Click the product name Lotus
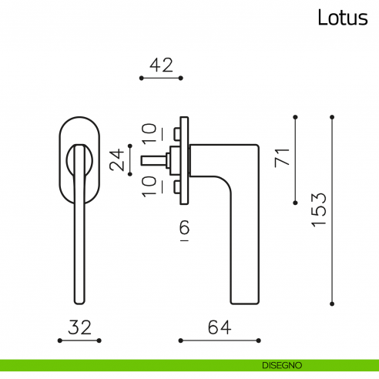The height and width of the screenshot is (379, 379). tap(343, 18)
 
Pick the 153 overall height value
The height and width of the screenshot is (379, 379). tap(319, 210)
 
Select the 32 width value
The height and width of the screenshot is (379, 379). tap(80, 327)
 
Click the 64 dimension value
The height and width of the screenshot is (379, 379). tap(219, 327)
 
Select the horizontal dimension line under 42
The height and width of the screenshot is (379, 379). tap(160, 79)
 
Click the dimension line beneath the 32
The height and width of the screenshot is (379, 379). tap(80, 340)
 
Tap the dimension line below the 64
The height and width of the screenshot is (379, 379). tap(219, 340)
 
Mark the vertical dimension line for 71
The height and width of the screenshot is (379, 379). tap(296, 160)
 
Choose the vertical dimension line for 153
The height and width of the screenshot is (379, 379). tap(331, 210)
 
